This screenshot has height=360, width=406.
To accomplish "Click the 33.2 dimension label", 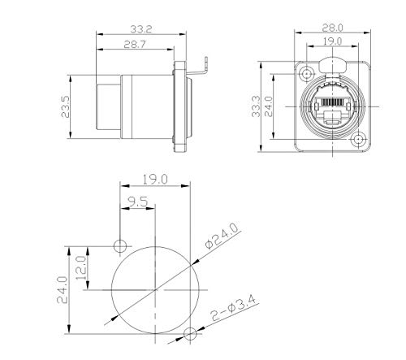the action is click(141, 29).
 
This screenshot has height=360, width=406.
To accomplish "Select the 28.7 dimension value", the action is click(135, 44).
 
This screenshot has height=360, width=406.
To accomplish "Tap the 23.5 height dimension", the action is click(66, 106).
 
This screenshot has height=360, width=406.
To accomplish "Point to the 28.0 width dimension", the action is click(332, 28).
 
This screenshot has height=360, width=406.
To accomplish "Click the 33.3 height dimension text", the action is click(256, 106).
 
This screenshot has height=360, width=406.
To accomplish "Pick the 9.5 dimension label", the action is click(138, 202).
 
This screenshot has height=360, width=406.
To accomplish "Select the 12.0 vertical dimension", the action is click(81, 268).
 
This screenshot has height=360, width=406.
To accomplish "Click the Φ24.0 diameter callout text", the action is click(222, 236).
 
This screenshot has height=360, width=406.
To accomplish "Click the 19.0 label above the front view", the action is click(332, 41).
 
